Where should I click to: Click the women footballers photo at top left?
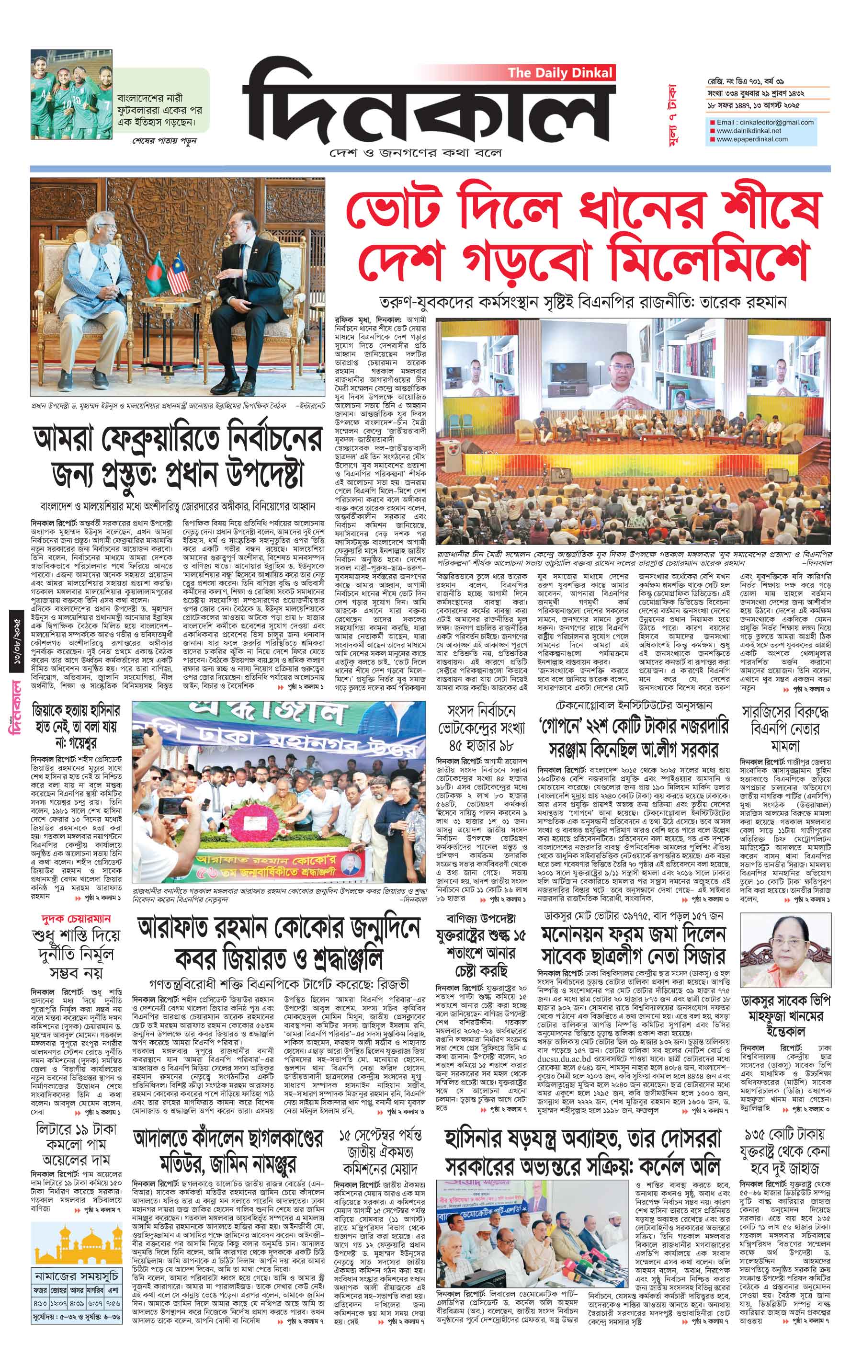(72, 94)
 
